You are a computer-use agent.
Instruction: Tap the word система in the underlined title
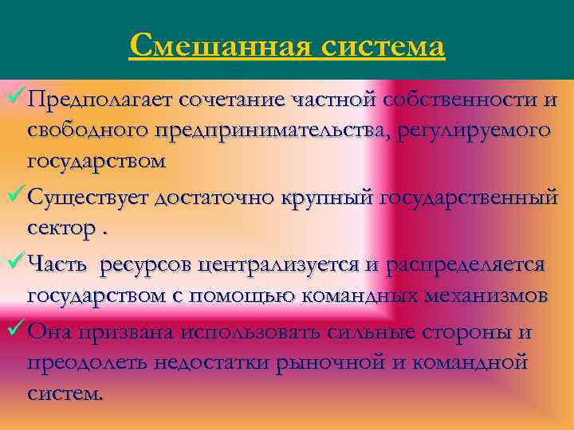pyautogui.click(x=383, y=45)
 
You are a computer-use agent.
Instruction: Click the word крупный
pyautogui.click(x=327, y=197)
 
